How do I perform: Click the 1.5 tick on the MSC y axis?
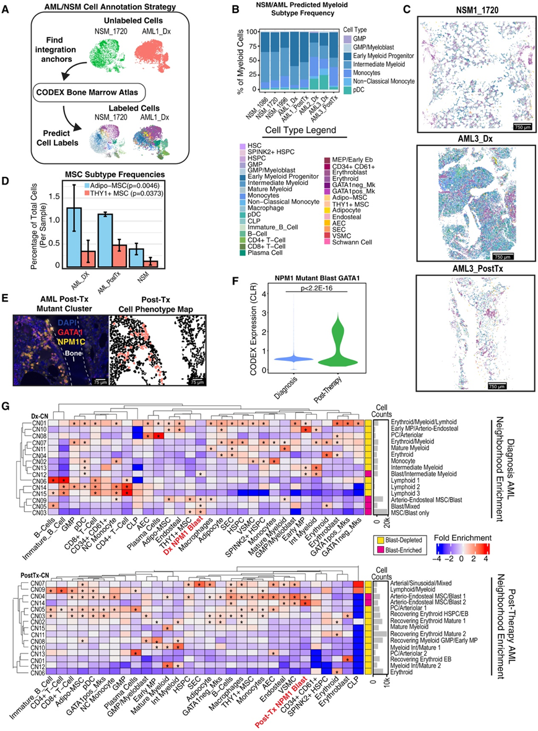point(57,196)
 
